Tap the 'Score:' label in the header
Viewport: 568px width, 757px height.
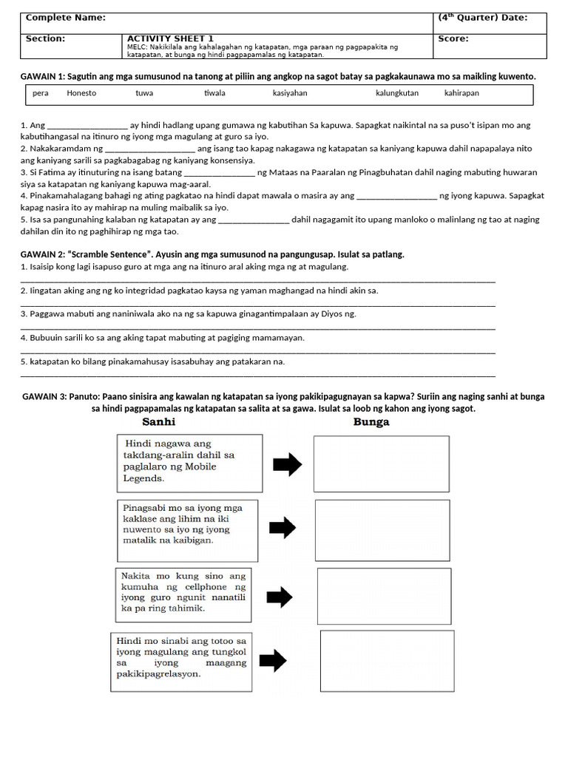453,39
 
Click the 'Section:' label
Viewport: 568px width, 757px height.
46,39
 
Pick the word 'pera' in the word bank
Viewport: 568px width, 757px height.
41,94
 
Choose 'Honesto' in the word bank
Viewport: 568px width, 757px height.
81,94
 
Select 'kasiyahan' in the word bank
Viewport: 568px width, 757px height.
290,94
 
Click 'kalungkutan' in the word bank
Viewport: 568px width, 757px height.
397,94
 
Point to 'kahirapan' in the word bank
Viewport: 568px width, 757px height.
461,94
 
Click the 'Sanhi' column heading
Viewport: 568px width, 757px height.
158,422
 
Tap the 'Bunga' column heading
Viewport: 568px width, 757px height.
372,422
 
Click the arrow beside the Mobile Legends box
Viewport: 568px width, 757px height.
288,464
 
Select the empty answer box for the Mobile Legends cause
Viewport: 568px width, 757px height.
381,464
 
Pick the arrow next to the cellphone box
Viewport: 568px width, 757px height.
279,597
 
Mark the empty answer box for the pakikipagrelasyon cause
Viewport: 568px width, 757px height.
387,660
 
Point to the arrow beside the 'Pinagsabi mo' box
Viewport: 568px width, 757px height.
282,528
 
